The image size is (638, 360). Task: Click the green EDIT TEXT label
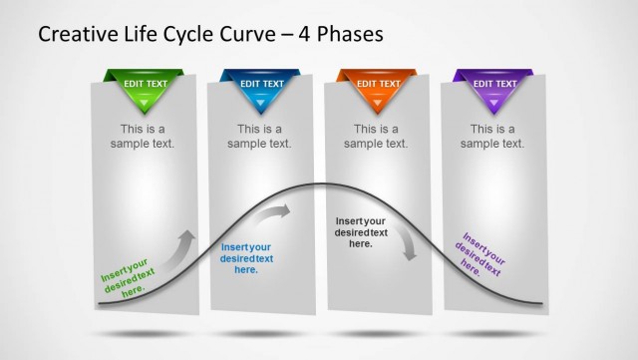point(143,85)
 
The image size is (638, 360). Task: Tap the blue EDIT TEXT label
point(259,85)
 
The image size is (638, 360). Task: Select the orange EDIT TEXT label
point(376,85)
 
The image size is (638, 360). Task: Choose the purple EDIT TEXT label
point(492,85)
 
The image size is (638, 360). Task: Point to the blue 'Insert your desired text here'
point(246,258)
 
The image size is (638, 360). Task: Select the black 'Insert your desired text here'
point(361,232)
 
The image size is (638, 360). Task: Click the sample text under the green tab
point(143,136)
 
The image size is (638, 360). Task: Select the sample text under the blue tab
point(259,136)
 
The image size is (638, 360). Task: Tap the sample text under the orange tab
point(376,136)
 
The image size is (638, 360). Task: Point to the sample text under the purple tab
point(492,136)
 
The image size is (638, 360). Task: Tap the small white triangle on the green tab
point(143,101)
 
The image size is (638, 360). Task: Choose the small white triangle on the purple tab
point(492,101)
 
